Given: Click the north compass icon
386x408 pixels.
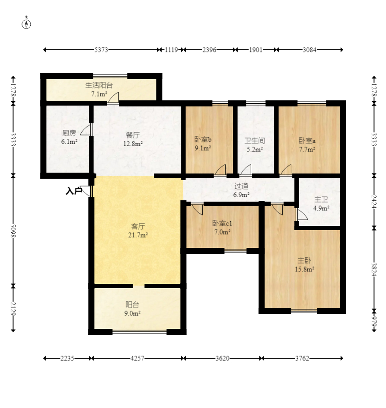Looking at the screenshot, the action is (26, 24).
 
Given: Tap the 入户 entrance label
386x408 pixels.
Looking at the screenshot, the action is (73, 191).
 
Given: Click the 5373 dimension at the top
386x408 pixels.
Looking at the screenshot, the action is (101, 50).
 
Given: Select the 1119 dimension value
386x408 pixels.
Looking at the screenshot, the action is (171, 50).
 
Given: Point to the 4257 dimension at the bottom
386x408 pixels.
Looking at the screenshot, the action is (137, 358).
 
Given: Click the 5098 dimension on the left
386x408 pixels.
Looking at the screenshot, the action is (13, 231).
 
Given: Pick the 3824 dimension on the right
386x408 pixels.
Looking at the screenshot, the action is (374, 269).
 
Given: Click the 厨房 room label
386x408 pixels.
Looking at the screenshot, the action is (69, 133).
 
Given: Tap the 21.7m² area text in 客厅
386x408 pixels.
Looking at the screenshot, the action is (138, 235).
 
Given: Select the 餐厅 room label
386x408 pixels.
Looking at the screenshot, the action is (133, 135).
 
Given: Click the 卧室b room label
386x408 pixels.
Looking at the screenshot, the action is (203, 139).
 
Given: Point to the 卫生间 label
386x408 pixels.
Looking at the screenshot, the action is (255, 141).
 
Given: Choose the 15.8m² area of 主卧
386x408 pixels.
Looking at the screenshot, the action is (304, 269).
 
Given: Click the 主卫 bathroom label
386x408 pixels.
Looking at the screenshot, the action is (321, 199).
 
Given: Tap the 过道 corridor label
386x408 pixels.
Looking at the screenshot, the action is (241, 186).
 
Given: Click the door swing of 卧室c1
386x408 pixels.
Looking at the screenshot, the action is (197, 210).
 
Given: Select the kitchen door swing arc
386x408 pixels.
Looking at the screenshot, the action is (86, 130).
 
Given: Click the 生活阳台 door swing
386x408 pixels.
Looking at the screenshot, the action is (114, 97).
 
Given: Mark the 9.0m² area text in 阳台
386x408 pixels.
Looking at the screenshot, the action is (132, 313).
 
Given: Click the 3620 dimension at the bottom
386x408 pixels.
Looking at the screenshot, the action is (223, 358).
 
